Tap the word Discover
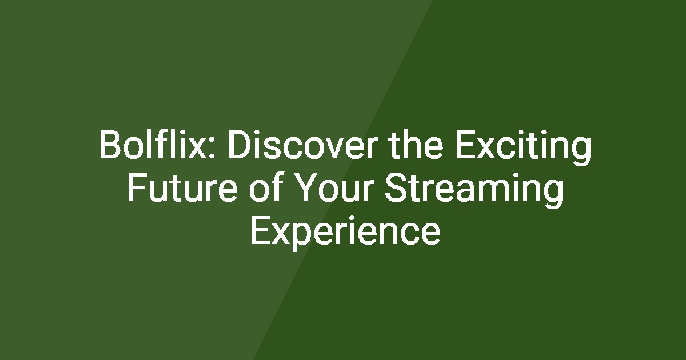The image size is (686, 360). [x=302, y=144]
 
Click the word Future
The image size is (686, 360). [x=182, y=187]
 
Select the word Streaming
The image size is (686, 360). [x=474, y=190]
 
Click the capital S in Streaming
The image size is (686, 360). [x=396, y=187]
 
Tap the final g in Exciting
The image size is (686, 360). [x=581, y=152]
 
